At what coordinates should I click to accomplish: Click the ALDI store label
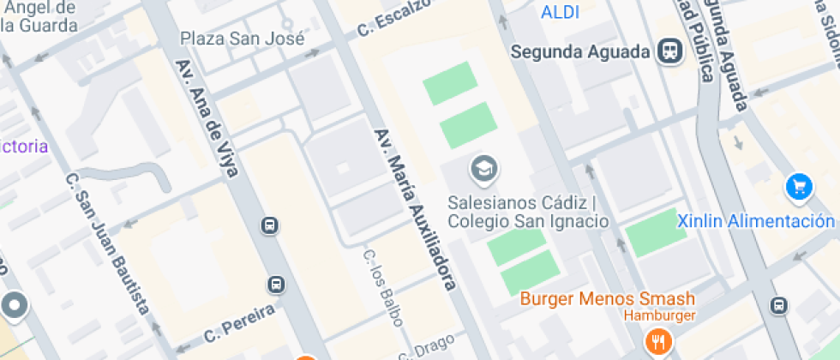[560, 12]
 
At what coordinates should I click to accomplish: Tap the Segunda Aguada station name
[580, 51]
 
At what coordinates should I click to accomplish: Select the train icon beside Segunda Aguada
[669, 51]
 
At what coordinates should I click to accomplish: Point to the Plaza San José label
[243, 39]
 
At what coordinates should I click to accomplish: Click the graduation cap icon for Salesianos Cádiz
[484, 170]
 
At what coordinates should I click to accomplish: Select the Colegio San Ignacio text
[528, 221]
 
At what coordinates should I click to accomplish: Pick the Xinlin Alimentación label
[756, 221]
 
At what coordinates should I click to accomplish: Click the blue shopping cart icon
[799, 186]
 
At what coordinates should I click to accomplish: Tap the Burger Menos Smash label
[608, 299]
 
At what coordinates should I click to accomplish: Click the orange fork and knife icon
[658, 341]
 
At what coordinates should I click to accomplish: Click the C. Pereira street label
[239, 323]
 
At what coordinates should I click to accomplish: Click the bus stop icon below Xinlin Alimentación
[779, 305]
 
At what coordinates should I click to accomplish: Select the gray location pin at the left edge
[15, 305]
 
